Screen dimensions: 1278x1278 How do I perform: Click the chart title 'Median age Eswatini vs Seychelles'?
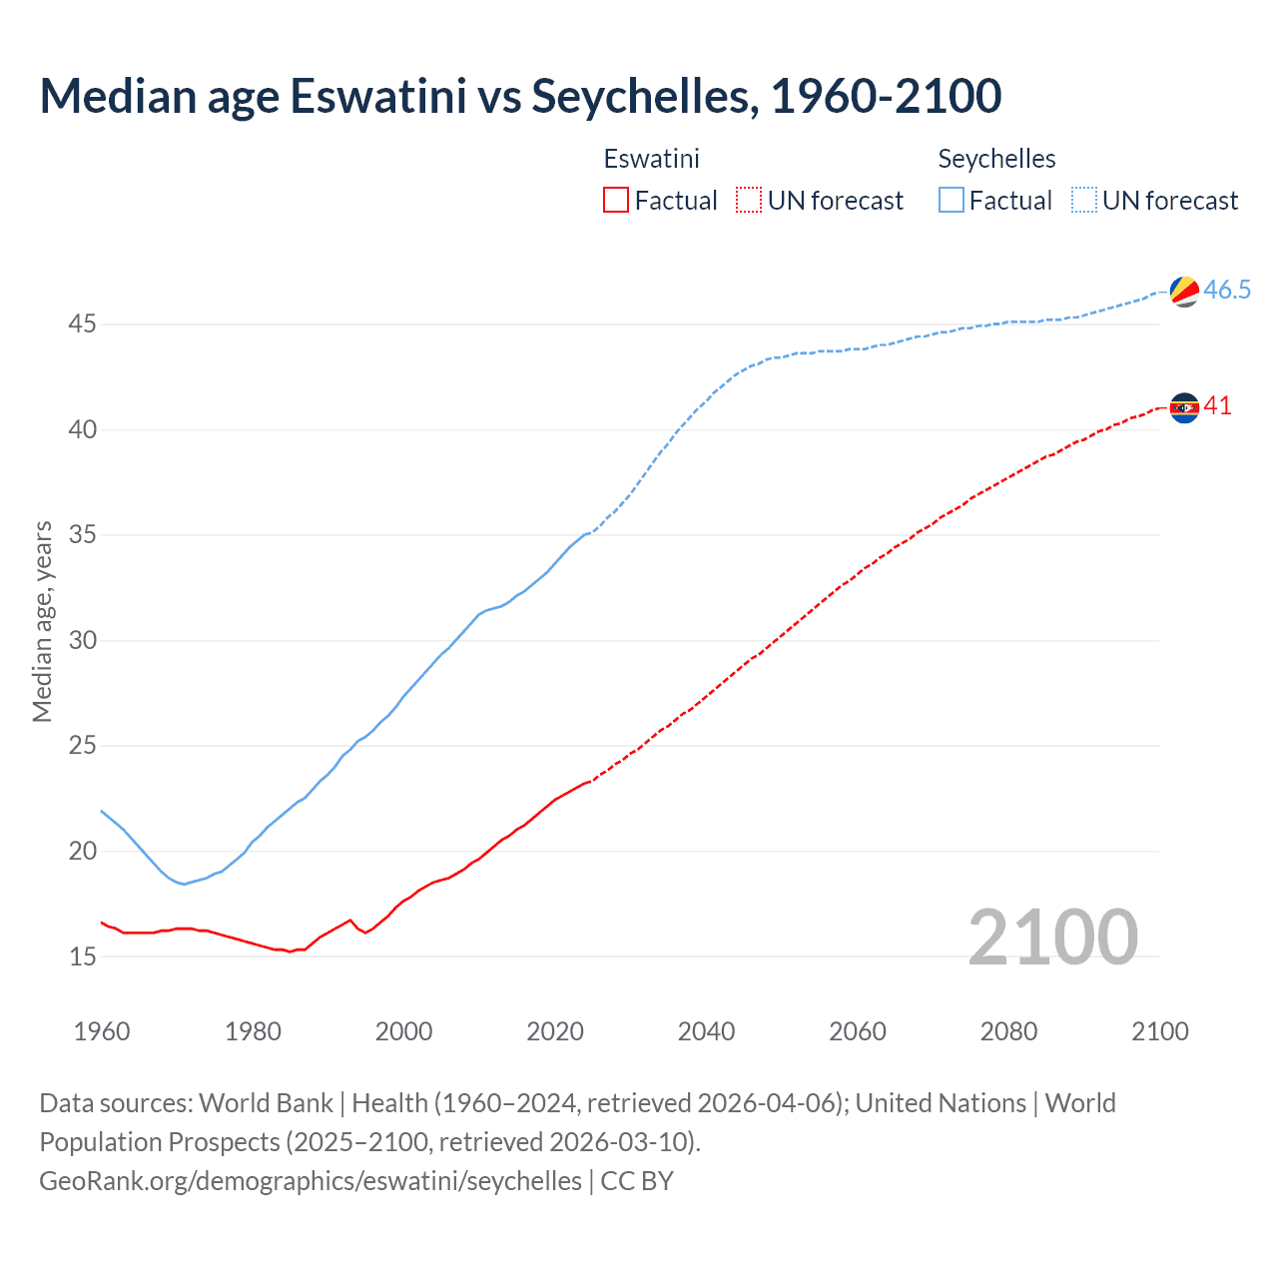click(x=519, y=97)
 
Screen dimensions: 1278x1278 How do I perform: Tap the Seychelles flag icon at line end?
click(x=1184, y=291)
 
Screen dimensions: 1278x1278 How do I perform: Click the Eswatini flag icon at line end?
click(x=1184, y=407)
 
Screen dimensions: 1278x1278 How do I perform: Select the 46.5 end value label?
click(x=1227, y=291)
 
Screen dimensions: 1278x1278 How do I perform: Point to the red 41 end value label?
click(x=1217, y=406)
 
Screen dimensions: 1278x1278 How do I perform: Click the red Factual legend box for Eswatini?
click(x=616, y=201)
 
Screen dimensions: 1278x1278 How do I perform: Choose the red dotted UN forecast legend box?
click(x=748, y=201)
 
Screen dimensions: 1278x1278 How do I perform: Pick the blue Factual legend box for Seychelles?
click(x=952, y=201)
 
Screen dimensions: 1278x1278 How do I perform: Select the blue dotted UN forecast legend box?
click(x=1083, y=201)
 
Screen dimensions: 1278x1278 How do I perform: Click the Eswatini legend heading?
click(x=651, y=159)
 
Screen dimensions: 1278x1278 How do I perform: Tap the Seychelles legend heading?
click(x=996, y=159)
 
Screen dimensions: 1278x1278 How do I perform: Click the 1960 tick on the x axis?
click(x=102, y=1031)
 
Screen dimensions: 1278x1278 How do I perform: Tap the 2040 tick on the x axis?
click(x=706, y=1031)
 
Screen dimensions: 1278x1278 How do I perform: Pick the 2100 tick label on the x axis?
click(x=1159, y=1031)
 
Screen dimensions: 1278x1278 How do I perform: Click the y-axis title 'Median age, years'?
click(x=42, y=621)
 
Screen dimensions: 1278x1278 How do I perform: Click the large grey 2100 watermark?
click(x=1052, y=937)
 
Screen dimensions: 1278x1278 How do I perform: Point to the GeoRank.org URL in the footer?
click(x=311, y=1181)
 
